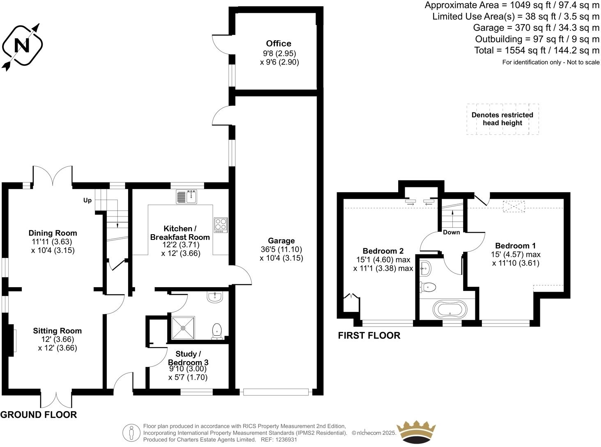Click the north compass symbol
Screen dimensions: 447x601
pyautogui.click(x=23, y=45)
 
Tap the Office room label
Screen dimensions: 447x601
pyautogui.click(x=279, y=44)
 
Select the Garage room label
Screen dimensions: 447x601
pyautogui.click(x=281, y=241)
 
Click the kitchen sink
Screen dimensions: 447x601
pyautogui.click(x=187, y=197)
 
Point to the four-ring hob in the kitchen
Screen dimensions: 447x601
pyautogui.click(x=220, y=225)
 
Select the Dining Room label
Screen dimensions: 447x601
pyautogui.click(x=53, y=233)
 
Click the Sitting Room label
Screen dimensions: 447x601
pyautogui.click(x=57, y=331)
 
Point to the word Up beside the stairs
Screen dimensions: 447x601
pyautogui.click(x=87, y=200)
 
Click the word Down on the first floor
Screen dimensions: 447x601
pyautogui.click(x=451, y=232)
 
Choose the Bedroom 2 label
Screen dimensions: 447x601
pyautogui.click(x=383, y=251)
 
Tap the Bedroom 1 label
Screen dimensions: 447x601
pyautogui.click(x=515, y=246)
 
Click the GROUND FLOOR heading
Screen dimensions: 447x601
pyautogui.click(x=39, y=415)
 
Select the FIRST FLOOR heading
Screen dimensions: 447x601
pyautogui.click(x=369, y=336)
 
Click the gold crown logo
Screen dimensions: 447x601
pyautogui.click(x=415, y=432)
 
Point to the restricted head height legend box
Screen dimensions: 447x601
pyautogui.click(x=502, y=119)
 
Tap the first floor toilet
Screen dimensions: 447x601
pyautogui.click(x=428, y=287)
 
